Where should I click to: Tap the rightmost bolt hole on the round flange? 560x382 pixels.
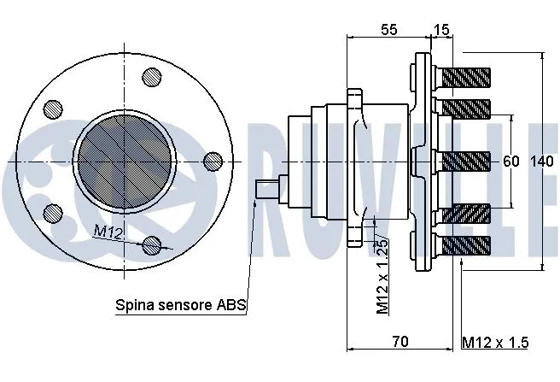213,160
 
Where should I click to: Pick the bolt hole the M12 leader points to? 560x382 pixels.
152,244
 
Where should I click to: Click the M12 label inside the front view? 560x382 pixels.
108,231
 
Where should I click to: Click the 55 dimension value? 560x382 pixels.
388,30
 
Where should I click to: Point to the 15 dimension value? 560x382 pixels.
440,30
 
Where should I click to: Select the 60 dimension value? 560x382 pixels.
510,161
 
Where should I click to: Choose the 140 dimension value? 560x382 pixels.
541,161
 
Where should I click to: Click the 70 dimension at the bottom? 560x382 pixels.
399,342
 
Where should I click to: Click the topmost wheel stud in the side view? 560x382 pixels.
465,78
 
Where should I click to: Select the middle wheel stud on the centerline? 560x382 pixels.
465,160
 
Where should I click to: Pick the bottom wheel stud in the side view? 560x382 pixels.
465,244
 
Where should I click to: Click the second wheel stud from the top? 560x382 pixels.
465,109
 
